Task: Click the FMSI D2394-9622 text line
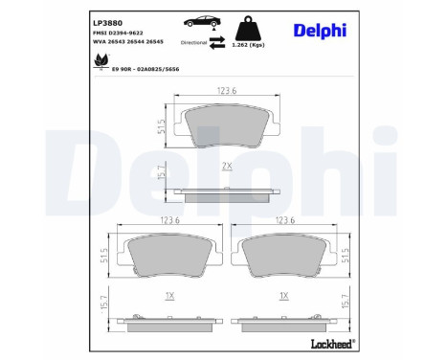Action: pyautogui.click(x=118, y=32)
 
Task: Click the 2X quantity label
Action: pyautogui.click(x=227, y=167)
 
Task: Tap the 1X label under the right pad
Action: pyautogui.click(x=283, y=297)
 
